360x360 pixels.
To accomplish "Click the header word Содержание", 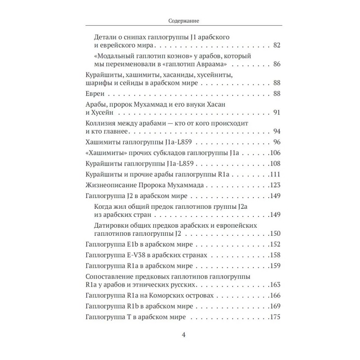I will coord(180,20).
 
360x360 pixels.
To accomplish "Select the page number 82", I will coord(276,45).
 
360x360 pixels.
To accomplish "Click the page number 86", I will coord(276,64).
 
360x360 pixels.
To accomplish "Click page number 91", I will coord(276,112).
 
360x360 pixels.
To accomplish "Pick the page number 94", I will coord(276,131).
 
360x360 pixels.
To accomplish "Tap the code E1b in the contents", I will coord(135,244).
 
